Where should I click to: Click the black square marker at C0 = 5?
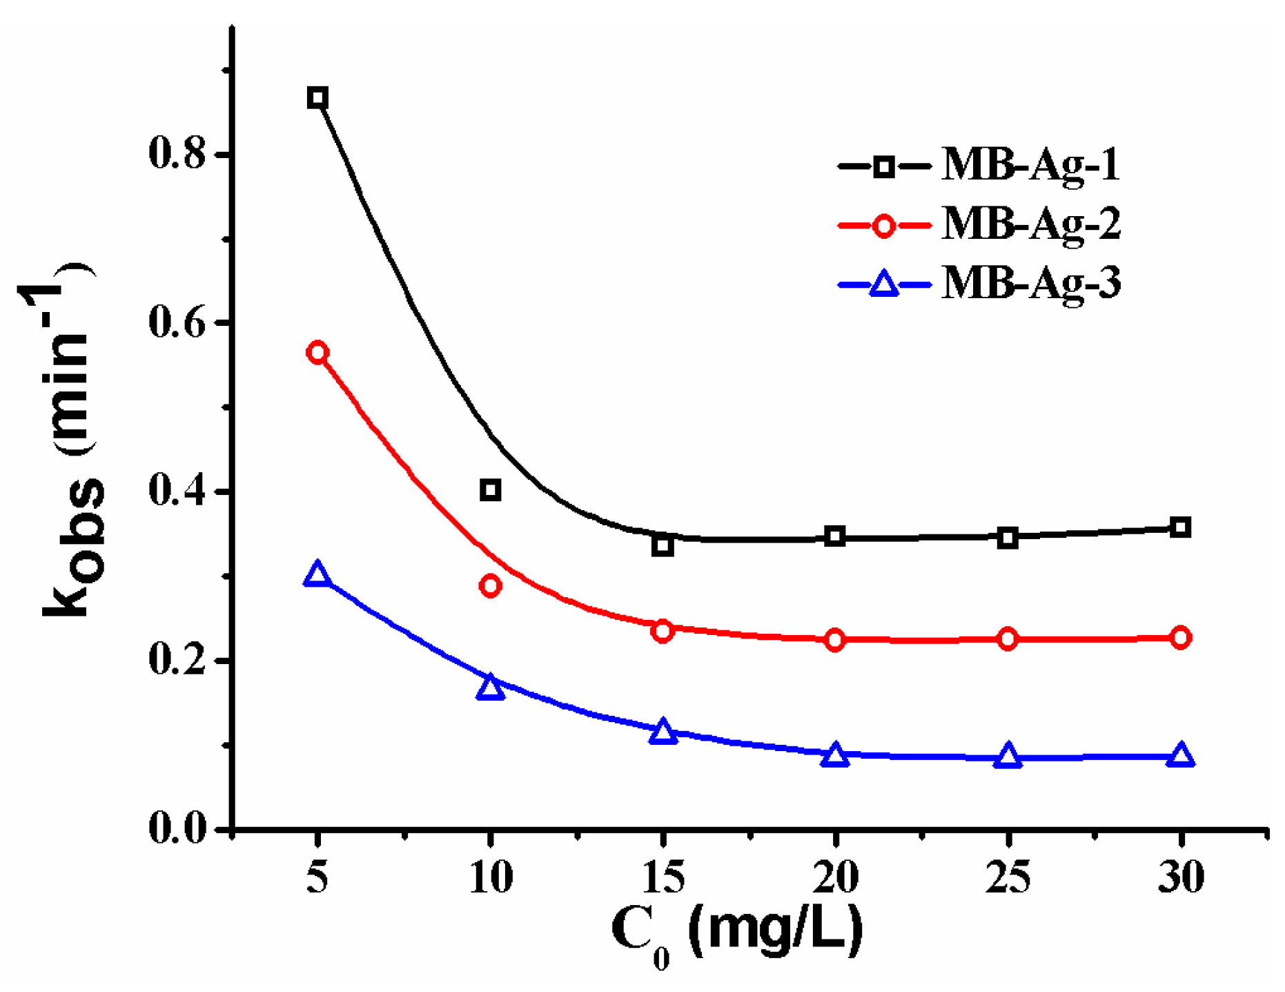pyautogui.click(x=317, y=97)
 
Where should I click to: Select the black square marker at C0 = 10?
pyautogui.click(x=490, y=490)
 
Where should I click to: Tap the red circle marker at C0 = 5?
pyautogui.click(x=317, y=353)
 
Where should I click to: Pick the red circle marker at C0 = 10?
pyautogui.click(x=490, y=586)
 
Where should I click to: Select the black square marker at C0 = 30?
pyautogui.click(x=1181, y=527)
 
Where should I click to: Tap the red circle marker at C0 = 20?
pyautogui.click(x=835, y=640)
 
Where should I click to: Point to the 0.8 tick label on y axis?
pyautogui.click(x=178, y=154)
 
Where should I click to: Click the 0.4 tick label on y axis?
pyautogui.click(x=178, y=492)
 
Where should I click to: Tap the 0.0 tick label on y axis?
pyautogui.click(x=178, y=828)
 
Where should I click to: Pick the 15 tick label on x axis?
pyautogui.click(x=663, y=879)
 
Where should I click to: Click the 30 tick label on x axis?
pyautogui.click(x=1181, y=879)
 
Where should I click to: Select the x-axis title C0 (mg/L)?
pyautogui.click(x=737, y=932)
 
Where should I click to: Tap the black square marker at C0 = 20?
pyautogui.click(x=835, y=536)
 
